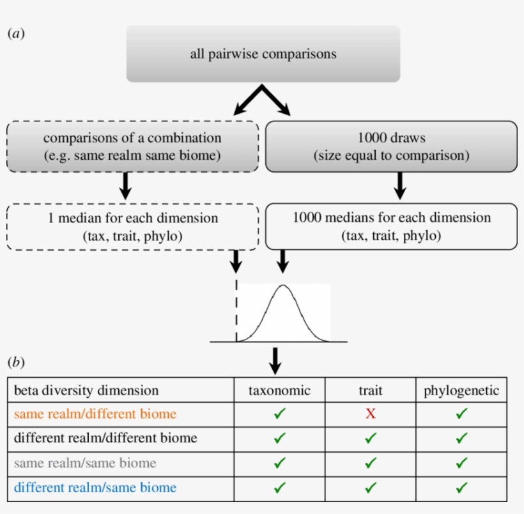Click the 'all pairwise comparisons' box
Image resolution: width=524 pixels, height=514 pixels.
pos(263,54)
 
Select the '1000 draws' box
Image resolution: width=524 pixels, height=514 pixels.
pos(391,146)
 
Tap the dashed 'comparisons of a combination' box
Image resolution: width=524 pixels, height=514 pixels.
pos(132,146)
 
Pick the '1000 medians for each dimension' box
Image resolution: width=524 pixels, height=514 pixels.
pos(391,226)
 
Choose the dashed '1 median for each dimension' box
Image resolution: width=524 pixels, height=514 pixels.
pos(132,226)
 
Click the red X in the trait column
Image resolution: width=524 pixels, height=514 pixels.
pos(370,414)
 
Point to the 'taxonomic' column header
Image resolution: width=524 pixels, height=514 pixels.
pos(279,390)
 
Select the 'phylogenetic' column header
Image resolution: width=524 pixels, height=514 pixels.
pos(461,390)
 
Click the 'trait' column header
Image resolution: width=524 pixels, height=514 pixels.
pos(370,390)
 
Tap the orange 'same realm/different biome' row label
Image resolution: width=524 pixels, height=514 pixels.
pos(95,414)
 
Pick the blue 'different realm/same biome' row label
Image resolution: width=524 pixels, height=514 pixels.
pos(95,488)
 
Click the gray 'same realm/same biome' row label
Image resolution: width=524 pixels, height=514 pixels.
pos(85,463)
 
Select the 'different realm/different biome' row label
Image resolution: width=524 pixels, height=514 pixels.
pos(105,438)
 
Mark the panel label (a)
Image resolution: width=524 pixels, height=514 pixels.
pos(16,33)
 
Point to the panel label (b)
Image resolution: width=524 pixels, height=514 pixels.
pos(16,362)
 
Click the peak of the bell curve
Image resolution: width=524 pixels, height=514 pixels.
pos(283,286)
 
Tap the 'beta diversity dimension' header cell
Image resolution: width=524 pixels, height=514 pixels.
pos(86,390)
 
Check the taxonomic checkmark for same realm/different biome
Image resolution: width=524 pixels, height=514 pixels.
pos(279,414)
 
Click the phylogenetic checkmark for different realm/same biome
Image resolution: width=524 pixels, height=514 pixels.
pos(461,488)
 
